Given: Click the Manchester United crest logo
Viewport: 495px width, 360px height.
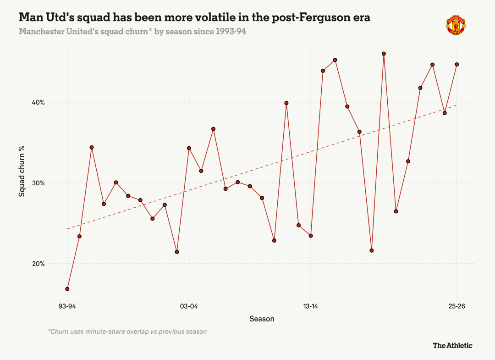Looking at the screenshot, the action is [x=456, y=25].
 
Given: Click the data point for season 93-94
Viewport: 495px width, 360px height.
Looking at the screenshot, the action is [x=67, y=289].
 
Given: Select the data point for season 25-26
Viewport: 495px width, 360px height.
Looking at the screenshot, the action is [x=457, y=64].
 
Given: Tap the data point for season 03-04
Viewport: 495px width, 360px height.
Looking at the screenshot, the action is [x=189, y=148].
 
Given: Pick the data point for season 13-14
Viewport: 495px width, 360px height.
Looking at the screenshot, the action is [x=311, y=236].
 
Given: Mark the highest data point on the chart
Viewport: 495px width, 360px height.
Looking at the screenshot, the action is [x=384, y=54].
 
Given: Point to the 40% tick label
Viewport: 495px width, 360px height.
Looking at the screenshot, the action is [x=38, y=103].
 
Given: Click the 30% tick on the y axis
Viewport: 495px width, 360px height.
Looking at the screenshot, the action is [x=38, y=183].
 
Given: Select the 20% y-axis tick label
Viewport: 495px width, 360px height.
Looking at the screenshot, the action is [x=38, y=264].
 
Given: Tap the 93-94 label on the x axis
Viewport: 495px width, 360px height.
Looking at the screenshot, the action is [x=67, y=306].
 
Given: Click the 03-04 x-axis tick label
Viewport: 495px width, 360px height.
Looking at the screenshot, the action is [x=189, y=306].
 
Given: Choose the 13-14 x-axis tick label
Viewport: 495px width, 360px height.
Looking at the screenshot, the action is [x=311, y=306].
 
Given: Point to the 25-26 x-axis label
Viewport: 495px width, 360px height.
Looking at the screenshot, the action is [x=457, y=306].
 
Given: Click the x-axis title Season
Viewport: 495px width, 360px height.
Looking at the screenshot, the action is [x=262, y=319].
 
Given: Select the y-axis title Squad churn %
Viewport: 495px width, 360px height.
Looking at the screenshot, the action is [x=22, y=171].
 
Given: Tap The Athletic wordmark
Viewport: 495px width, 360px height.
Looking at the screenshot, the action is [x=453, y=345].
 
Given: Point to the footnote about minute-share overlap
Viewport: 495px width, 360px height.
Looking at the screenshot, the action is [x=127, y=332].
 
